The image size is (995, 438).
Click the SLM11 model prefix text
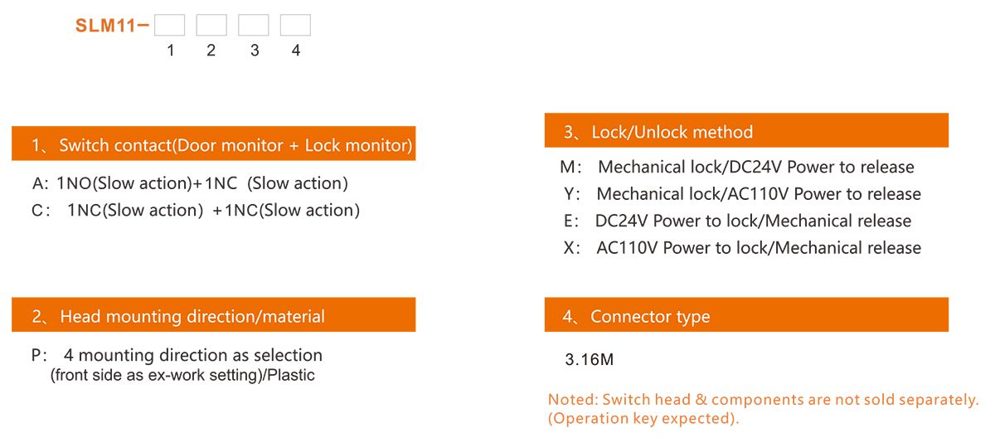[106, 26]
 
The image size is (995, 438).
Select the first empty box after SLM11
[169, 26]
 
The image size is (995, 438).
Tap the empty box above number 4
[295, 26]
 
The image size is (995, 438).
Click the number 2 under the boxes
[211, 51]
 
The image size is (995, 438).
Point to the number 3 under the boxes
[254, 51]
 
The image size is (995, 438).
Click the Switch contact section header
[214, 145]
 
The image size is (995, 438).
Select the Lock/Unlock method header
[746, 132]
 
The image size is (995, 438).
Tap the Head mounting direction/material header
[214, 316]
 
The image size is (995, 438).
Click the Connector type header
[746, 316]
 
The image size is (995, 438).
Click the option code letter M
[568, 167]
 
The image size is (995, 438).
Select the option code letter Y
[568, 194]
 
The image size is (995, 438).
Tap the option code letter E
[568, 221]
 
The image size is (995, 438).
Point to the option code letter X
[568, 248]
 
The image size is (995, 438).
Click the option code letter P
[36, 355]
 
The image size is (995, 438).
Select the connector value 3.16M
[589, 360]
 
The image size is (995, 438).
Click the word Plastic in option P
[290, 375]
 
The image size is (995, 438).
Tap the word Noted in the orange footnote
[571, 400]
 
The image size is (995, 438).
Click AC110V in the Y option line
[753, 194]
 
